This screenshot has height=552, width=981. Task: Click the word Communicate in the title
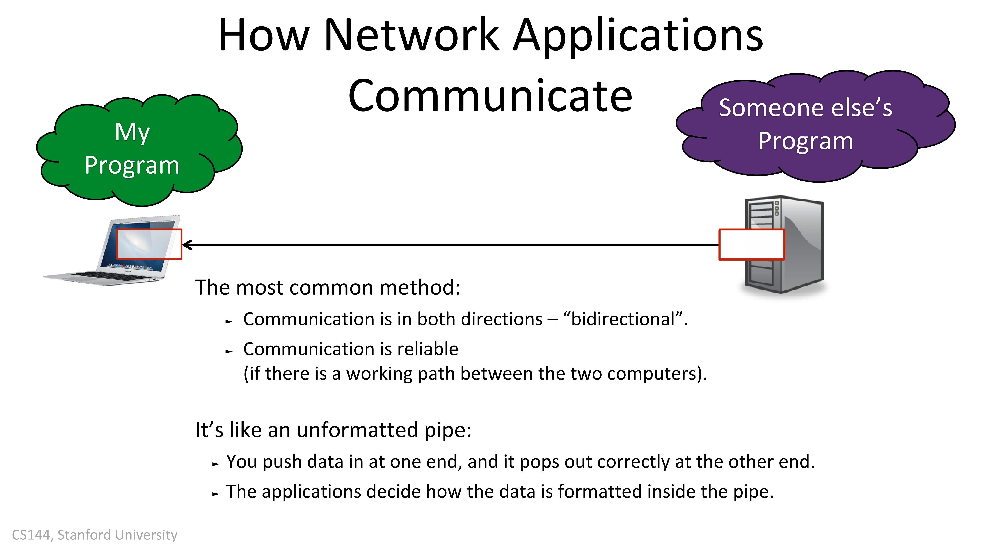490,95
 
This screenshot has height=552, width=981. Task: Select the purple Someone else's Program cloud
815,126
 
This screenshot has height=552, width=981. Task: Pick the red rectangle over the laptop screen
149,244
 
